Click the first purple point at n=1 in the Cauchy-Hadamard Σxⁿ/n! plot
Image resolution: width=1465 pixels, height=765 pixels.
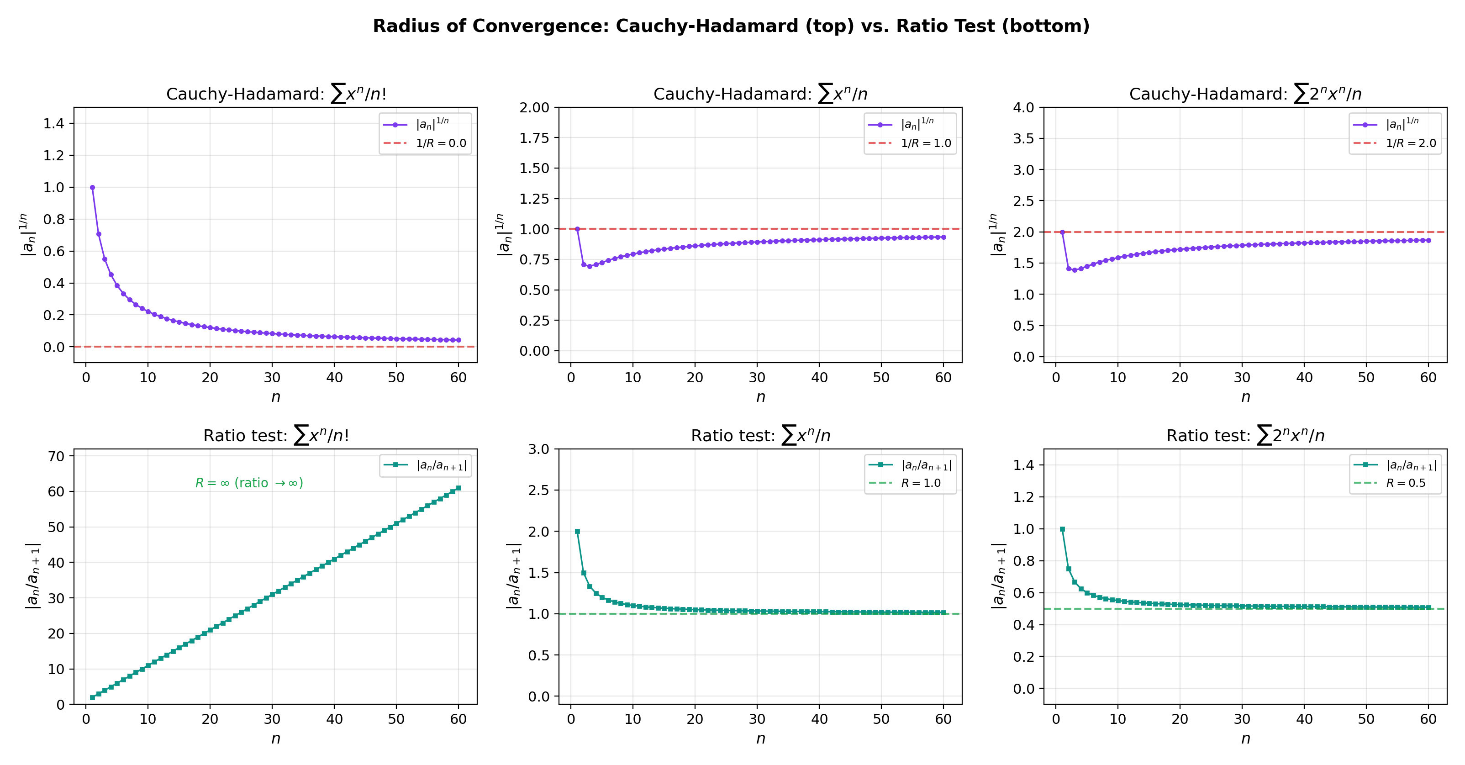click(92, 187)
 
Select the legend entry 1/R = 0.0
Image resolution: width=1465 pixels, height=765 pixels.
click(441, 143)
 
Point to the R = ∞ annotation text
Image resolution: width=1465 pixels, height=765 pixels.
click(249, 483)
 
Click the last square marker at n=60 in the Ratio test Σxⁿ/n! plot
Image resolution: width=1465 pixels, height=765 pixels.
click(458, 488)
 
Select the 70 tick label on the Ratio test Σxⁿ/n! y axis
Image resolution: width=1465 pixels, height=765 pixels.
click(56, 456)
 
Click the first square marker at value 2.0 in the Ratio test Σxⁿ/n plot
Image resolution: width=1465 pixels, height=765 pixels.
click(577, 531)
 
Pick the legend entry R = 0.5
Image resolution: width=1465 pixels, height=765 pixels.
click(1405, 483)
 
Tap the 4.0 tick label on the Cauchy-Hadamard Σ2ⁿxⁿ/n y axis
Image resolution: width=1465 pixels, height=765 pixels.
click(1024, 107)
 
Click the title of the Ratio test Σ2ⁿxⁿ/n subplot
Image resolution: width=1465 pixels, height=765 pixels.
click(1245, 436)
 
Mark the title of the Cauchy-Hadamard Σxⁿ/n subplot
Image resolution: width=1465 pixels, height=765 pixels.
click(760, 94)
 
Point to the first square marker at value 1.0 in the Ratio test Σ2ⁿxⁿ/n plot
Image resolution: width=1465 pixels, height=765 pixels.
click(1062, 529)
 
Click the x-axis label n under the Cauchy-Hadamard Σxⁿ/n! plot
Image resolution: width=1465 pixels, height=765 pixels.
click(275, 397)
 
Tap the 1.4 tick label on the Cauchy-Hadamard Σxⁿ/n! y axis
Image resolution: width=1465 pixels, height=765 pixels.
click(55, 123)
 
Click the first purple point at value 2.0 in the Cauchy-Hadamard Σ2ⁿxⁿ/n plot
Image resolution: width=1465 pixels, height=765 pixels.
click(1062, 232)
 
